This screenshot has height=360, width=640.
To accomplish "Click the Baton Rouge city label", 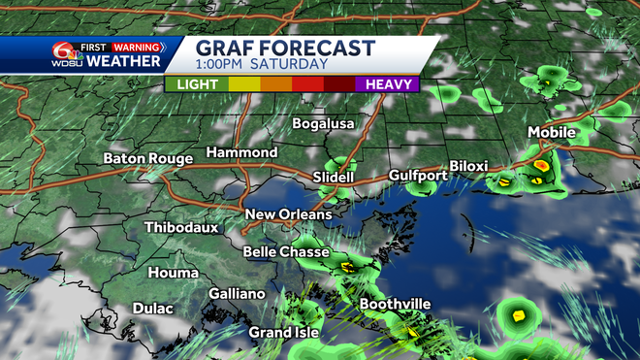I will click(146, 158).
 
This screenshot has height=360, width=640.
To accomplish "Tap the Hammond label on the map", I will click(241, 153).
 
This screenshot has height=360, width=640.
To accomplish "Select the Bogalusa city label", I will click(324, 124).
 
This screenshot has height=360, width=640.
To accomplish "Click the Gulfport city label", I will click(418, 176).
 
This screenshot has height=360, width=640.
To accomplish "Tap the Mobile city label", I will click(552, 132).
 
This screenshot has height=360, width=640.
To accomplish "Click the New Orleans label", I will click(288, 214).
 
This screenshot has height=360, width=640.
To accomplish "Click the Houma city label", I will click(172, 274).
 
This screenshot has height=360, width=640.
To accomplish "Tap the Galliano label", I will click(237, 294).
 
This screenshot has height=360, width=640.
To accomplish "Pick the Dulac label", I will click(153, 309).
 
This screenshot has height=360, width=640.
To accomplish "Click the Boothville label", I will click(395, 305).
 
